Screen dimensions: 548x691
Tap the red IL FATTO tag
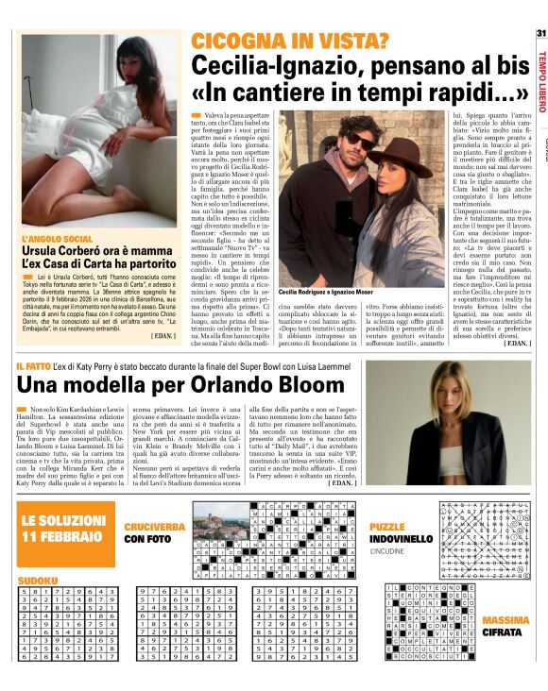[x=32, y=364]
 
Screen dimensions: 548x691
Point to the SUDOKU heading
[x=37, y=575]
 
